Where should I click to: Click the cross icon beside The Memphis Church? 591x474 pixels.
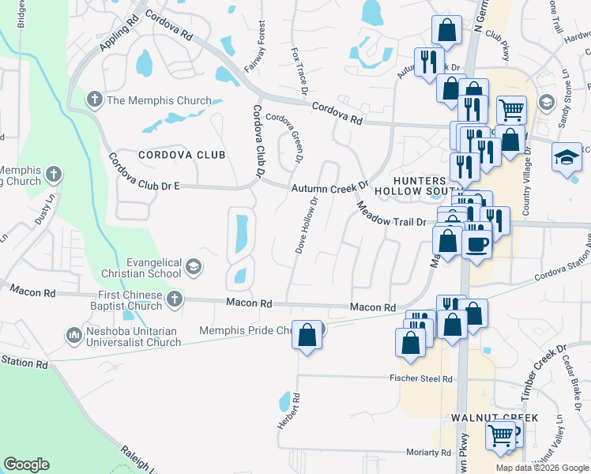coord(94,100)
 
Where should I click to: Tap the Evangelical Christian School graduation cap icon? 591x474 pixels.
coord(193,267)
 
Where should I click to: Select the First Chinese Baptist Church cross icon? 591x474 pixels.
coord(174,299)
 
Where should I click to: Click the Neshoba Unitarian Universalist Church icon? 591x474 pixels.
coord(74,335)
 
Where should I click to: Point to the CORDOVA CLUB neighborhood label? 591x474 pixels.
coord(182,155)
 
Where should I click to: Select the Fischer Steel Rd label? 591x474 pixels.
coord(420,379)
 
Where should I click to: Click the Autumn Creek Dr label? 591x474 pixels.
coord(329,188)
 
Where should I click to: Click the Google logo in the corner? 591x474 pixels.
coord(26,465)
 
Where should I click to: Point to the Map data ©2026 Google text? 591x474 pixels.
coord(542,468)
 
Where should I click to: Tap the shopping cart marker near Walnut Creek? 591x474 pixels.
coord(501,434)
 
